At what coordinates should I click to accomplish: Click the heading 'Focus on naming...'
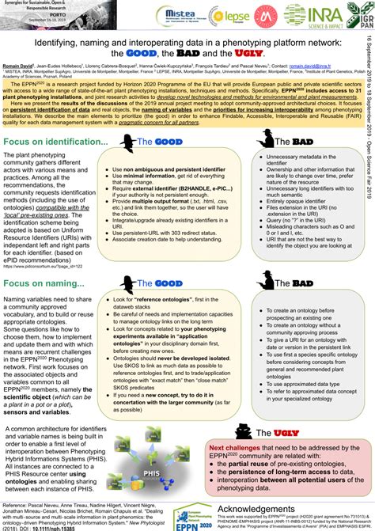43,260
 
